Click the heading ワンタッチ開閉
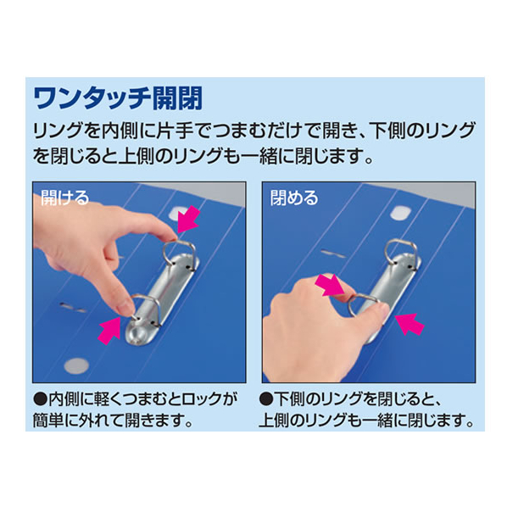tap(118, 98)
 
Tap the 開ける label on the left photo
tap(64, 198)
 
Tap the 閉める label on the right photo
tap(294, 198)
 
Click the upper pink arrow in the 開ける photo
tap(188, 219)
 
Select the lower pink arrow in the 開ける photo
tap(109, 331)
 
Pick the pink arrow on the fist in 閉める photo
tap(330, 285)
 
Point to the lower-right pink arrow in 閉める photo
tap(409, 325)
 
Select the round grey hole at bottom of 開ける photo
tap(76, 366)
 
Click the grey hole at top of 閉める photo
tap(400, 213)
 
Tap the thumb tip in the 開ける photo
tap(126, 308)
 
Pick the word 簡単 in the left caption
tap(47, 421)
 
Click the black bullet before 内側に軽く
tap(40, 399)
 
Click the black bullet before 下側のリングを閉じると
tap(266, 399)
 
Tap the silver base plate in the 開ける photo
tap(162, 298)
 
